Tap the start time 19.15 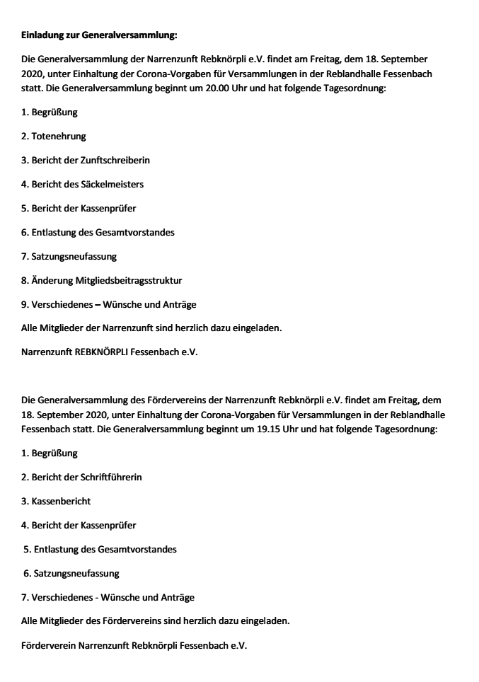pyautogui.click(x=276, y=429)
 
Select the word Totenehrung pyautogui.click(x=59, y=136)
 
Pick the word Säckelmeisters pyautogui.click(x=110, y=184)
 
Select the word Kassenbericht pyautogui.click(x=61, y=501)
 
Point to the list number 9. pyautogui.click(x=24, y=304)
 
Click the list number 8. pyautogui.click(x=24, y=280)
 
